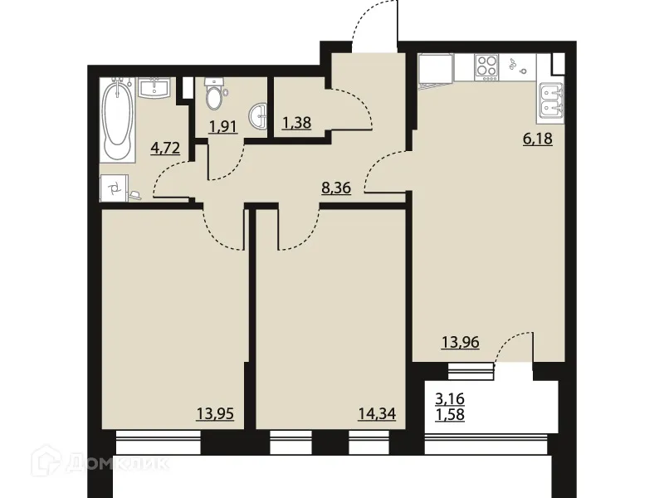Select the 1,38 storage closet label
click(x=295, y=123)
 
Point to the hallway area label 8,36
click(x=336, y=188)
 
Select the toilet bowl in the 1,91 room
click(x=215, y=97)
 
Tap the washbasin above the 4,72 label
click(x=155, y=87)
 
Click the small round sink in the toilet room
click(x=261, y=117)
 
